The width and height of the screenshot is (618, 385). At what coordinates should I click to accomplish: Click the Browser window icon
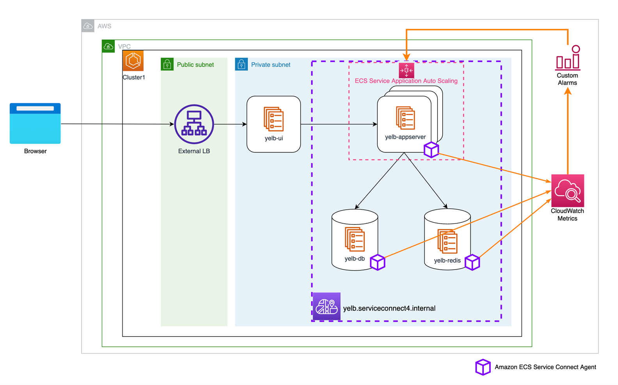click(35, 123)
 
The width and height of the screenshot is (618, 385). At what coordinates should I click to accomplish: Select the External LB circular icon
click(194, 124)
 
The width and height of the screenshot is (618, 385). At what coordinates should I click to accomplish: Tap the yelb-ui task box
click(273, 124)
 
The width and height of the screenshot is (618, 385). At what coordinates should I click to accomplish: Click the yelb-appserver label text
click(405, 137)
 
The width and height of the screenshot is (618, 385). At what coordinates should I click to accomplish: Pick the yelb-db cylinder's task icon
click(355, 239)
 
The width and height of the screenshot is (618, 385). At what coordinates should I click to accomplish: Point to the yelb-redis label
click(447, 260)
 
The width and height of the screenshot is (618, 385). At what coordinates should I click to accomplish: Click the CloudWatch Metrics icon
click(567, 191)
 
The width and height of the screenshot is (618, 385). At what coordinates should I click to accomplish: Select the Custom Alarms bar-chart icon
click(568, 58)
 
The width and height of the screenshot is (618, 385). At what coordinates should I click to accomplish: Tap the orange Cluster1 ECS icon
click(133, 61)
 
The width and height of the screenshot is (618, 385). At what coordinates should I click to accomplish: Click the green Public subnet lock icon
click(167, 64)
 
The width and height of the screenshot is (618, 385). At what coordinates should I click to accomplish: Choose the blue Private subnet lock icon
click(241, 64)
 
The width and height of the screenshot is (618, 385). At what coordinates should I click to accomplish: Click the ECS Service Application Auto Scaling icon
click(406, 71)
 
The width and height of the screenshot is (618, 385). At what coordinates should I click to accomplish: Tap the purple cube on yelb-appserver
click(431, 150)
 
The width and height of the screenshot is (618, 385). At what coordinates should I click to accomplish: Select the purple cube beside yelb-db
click(377, 262)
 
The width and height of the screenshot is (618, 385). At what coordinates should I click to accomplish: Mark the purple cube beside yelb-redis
click(472, 262)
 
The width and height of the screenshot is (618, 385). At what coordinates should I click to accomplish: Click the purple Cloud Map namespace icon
click(327, 306)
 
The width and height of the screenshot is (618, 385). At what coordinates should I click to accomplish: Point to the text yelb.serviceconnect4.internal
click(389, 308)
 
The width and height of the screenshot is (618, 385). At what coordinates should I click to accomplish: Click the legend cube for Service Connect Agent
click(483, 367)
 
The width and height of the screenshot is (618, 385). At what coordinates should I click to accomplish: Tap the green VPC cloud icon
click(108, 46)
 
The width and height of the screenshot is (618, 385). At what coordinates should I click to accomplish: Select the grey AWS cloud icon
click(88, 26)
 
